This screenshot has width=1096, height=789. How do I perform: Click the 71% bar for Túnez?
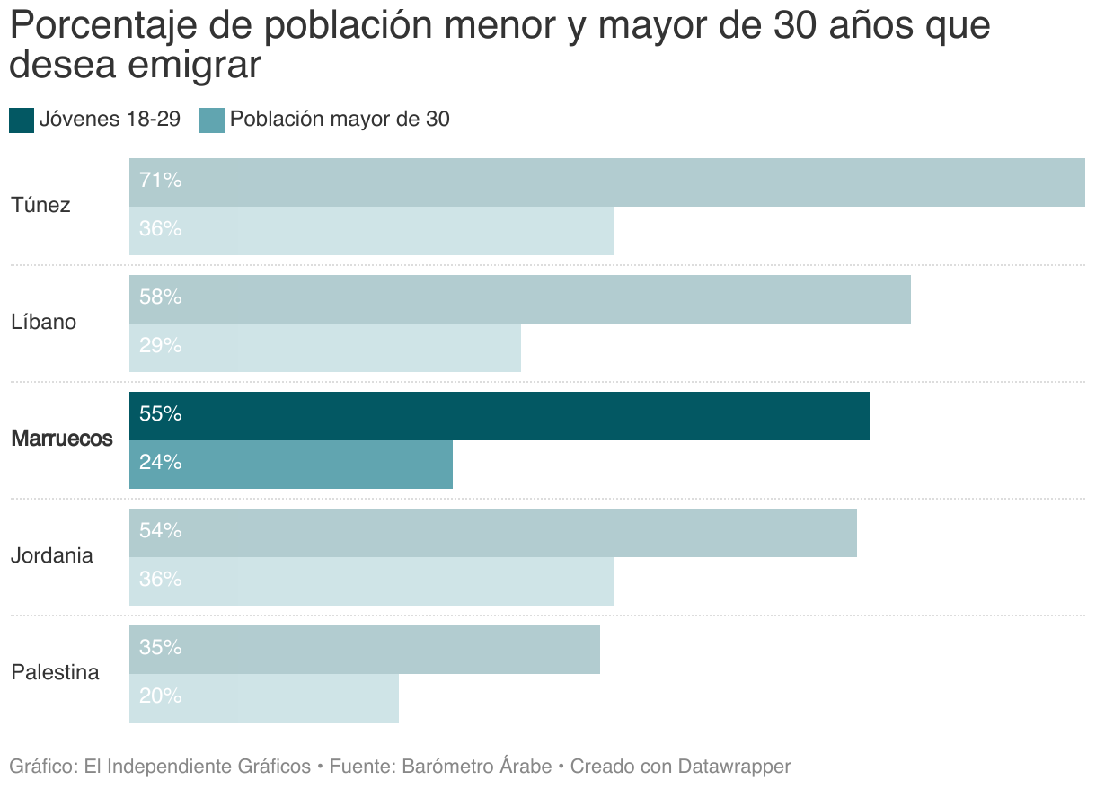pyautogui.click(x=607, y=182)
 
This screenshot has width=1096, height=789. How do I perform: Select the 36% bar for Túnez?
pyautogui.click(x=372, y=231)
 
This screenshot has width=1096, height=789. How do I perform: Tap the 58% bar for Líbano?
pyautogui.click(x=520, y=299)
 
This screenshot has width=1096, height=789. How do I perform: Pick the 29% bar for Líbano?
pyautogui.click(x=325, y=348)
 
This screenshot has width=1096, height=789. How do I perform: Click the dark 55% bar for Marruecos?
pyautogui.click(x=499, y=416)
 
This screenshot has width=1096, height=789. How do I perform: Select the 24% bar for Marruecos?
pyautogui.click(x=291, y=465)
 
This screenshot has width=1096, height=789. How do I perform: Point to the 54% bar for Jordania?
pyautogui.click(x=493, y=533)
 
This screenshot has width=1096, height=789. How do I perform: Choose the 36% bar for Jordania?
pyautogui.click(x=372, y=581)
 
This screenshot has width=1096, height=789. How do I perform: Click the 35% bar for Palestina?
pyautogui.click(x=365, y=650)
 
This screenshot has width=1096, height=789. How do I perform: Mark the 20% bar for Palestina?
pyautogui.click(x=264, y=698)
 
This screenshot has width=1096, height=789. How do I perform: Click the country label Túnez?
pyautogui.click(x=40, y=206)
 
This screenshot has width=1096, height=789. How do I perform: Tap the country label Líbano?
pyautogui.click(x=43, y=323)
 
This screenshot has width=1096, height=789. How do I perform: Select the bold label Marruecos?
pyautogui.click(x=62, y=439)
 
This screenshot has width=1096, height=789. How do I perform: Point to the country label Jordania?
pyautogui.click(x=52, y=556)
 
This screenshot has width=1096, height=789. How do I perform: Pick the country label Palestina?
pyautogui.click(x=55, y=673)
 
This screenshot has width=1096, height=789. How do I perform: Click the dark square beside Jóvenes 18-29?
pyautogui.click(x=22, y=120)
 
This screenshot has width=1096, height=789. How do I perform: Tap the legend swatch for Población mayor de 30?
pyautogui.click(x=211, y=120)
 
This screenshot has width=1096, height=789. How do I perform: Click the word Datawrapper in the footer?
pyautogui.click(x=734, y=767)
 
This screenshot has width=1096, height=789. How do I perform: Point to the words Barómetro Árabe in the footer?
pyautogui.click(x=476, y=767)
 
